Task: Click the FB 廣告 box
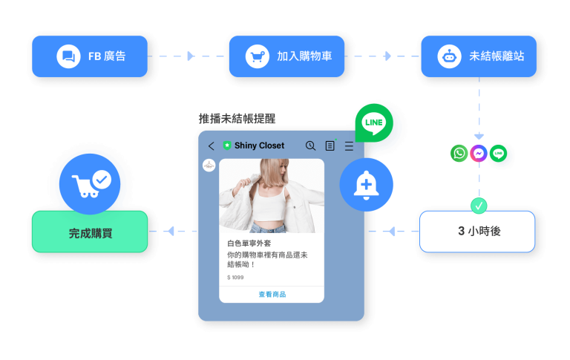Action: click(90, 56)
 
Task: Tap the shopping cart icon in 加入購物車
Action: click(258, 56)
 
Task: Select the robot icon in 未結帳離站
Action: click(449, 56)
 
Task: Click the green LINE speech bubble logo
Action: click(374, 122)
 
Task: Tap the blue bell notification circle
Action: click(366, 185)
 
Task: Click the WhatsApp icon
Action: click(459, 153)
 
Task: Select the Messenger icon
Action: click(479, 153)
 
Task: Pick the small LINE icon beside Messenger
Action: click(499, 153)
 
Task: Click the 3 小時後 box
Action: click(477, 232)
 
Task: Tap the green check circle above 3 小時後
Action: click(479, 206)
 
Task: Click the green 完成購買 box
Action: click(90, 232)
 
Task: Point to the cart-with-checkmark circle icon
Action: click(90, 184)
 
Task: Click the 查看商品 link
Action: click(272, 294)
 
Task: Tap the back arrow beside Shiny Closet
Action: click(212, 145)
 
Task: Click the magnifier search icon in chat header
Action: click(310, 145)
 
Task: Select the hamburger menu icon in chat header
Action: click(349, 145)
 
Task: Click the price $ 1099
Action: click(235, 278)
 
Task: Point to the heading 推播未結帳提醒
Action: click(237, 119)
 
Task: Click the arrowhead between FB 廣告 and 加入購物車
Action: click(191, 56)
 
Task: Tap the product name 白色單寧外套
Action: click(249, 243)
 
